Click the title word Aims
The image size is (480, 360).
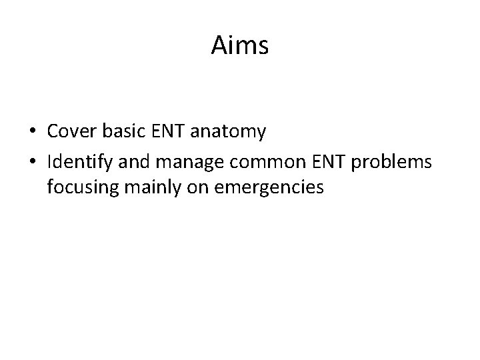click(240, 46)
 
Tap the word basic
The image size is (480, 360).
click(118, 132)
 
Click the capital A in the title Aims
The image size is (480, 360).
click(219, 46)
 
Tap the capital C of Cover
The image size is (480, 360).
click(53, 132)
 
